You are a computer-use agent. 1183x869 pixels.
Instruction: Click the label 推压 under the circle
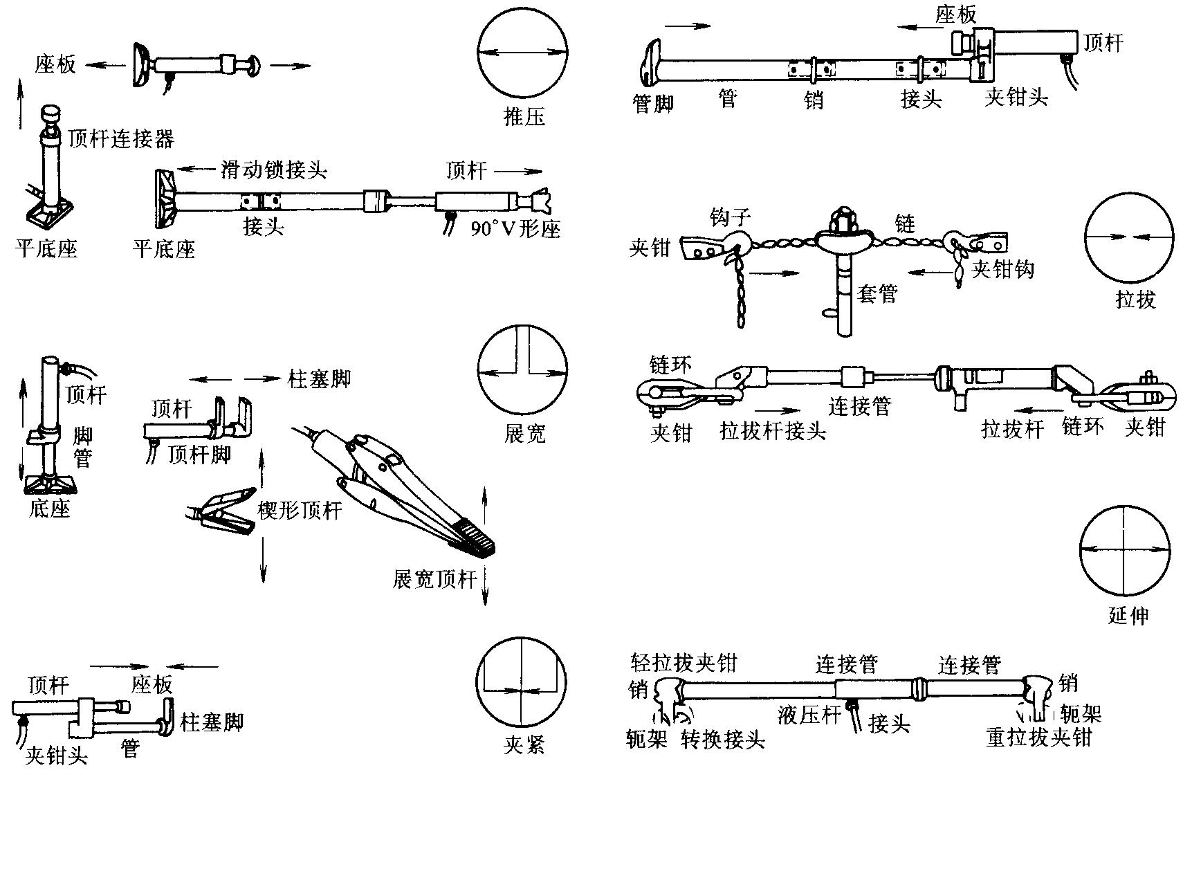click(x=524, y=116)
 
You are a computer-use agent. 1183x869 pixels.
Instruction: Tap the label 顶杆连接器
click(x=121, y=139)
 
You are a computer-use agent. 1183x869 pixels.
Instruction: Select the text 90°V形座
click(x=515, y=228)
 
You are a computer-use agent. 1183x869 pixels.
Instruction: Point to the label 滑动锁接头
click(x=274, y=170)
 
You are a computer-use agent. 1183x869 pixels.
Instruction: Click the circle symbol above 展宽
click(x=522, y=371)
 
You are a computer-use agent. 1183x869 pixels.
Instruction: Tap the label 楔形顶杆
click(x=300, y=511)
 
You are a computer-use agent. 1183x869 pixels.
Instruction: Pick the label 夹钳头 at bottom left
click(x=57, y=756)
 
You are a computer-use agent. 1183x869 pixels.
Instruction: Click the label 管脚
click(x=653, y=104)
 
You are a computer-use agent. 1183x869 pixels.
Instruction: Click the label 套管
click(x=877, y=294)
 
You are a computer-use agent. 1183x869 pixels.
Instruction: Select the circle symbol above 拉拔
click(x=1128, y=237)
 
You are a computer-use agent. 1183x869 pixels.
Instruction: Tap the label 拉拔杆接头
click(x=773, y=432)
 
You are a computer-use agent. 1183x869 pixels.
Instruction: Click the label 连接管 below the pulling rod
click(x=860, y=406)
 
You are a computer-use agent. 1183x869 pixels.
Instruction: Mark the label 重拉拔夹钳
click(x=1038, y=738)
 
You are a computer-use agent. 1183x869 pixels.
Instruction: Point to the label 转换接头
click(x=723, y=740)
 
